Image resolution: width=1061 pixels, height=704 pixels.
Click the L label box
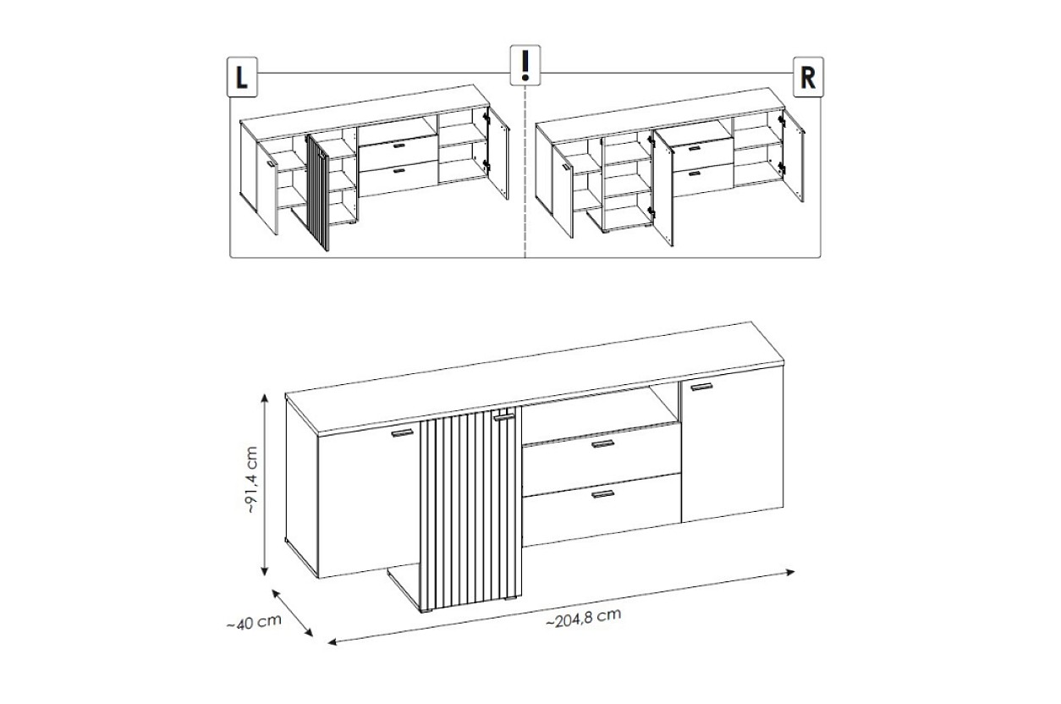[x=242, y=77]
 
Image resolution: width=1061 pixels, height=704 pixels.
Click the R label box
[x=808, y=77]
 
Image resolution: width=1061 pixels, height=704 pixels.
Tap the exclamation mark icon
[x=525, y=65]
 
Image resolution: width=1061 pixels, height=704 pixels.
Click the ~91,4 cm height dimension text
[x=251, y=480]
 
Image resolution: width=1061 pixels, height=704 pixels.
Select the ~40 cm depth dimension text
[x=255, y=622]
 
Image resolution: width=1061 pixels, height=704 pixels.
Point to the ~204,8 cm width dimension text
[x=584, y=618]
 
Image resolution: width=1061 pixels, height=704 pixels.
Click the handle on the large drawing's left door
[x=403, y=433]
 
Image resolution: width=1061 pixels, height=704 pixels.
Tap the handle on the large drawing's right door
[x=701, y=387]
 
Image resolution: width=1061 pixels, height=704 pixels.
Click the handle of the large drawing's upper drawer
[x=602, y=444]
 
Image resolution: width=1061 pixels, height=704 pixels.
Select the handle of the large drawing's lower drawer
[x=602, y=494]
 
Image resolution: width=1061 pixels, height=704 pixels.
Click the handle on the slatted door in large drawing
[x=503, y=417]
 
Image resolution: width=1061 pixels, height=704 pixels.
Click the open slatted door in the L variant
[x=318, y=193]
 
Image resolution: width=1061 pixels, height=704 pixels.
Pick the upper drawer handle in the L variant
[x=399, y=146]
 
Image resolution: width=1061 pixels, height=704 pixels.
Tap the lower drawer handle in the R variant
[x=694, y=173]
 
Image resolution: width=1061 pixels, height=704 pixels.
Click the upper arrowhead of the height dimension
[x=265, y=398]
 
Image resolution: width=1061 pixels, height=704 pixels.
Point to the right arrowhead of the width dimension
[x=789, y=572]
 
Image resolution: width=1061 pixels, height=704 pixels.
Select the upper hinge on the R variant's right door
[x=781, y=122]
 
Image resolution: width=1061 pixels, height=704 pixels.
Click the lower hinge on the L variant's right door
[x=486, y=165]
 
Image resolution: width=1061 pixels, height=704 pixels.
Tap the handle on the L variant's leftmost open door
[x=270, y=163]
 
